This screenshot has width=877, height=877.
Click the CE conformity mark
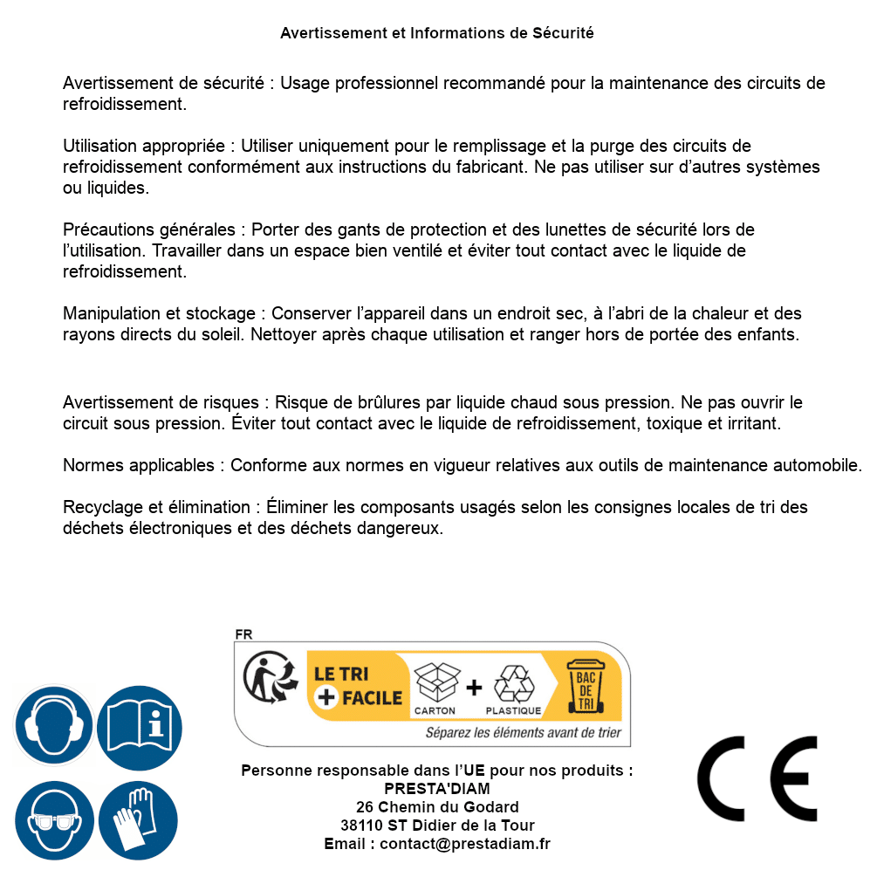(757, 779)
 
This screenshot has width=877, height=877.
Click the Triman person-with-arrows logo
(265, 680)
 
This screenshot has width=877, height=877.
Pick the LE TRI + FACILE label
(358, 685)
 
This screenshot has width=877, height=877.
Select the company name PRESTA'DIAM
(436, 789)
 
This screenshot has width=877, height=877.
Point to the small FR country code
(243, 634)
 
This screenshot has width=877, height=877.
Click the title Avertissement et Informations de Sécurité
(436, 33)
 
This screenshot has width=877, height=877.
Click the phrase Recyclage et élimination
(156, 507)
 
